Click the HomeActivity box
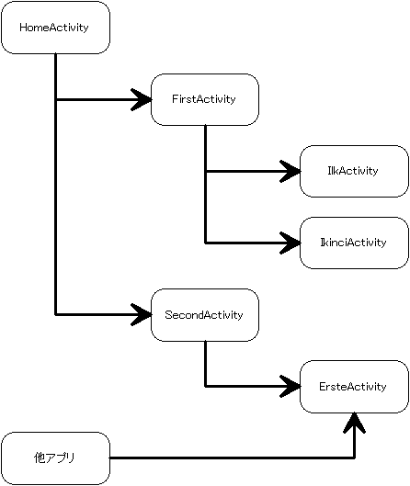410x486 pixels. (55, 28)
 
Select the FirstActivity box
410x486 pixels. (205, 99)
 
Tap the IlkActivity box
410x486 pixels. (354, 171)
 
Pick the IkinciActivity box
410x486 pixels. (354, 243)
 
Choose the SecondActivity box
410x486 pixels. (205, 315)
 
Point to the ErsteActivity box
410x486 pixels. (354, 387)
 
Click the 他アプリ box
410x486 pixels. (55, 458)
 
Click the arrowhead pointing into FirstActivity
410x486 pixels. (142, 99)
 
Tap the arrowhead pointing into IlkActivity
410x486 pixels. (290, 171)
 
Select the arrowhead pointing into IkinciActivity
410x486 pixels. (290, 243)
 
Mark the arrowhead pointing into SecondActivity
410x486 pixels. (142, 315)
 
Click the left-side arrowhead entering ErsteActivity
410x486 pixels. (290, 386)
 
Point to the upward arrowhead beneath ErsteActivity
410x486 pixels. (355, 424)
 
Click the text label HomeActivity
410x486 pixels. (54, 28)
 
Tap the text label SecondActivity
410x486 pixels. (204, 315)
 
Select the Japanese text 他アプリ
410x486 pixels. (54, 458)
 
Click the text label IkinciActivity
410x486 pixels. (353, 243)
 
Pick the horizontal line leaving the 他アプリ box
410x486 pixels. (232, 458)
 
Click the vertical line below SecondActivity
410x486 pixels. (205, 364)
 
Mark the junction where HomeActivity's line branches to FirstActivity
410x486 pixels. (56, 99)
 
